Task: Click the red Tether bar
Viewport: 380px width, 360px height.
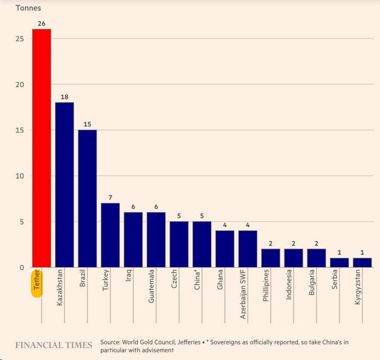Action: (42, 149)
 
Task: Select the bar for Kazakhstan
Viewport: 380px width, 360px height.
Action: (64, 185)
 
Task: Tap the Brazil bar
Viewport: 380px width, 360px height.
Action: (87, 198)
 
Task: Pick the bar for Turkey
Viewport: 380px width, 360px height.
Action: (110, 235)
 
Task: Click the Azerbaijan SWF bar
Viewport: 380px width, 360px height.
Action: (248, 249)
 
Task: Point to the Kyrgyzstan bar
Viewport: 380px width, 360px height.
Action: (362, 263)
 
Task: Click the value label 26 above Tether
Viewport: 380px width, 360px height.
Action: (42, 24)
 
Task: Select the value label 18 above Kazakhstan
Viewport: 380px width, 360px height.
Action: (64, 97)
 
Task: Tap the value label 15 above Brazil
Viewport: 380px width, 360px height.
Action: (87, 124)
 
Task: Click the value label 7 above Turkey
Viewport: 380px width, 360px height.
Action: (110, 197)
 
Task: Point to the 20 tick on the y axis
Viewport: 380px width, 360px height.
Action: (19, 84)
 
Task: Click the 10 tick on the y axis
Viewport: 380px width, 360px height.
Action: (19, 176)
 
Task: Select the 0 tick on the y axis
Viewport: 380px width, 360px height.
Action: (21, 267)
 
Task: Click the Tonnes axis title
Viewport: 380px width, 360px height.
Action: (28, 8)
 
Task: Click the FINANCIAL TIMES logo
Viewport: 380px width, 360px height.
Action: (53, 345)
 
